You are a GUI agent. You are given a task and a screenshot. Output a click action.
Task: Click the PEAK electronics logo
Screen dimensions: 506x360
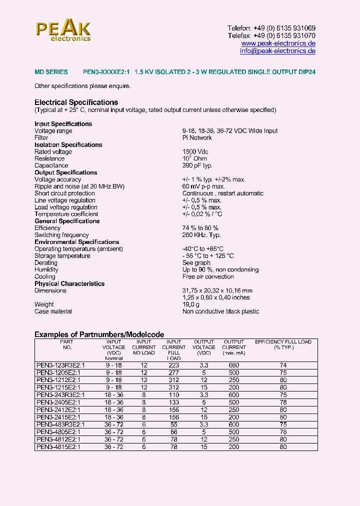coord(63,30)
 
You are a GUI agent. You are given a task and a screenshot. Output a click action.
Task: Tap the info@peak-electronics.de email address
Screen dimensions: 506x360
coord(277,51)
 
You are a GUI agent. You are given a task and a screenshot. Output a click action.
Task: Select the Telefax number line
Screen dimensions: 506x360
coord(271,36)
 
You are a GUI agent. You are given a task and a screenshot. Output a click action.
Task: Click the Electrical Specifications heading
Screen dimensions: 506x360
coord(76,102)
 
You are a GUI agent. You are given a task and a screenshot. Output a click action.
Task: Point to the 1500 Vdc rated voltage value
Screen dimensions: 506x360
coord(195,151)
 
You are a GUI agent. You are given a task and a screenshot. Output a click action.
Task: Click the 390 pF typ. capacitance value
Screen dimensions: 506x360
coord(197,165)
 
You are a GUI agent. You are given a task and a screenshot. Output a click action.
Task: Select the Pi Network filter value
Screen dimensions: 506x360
coord(197,137)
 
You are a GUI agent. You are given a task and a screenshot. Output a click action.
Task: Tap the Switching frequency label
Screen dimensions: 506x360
coord(61,235)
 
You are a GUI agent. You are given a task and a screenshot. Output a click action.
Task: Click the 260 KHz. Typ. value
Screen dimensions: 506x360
coord(201,235)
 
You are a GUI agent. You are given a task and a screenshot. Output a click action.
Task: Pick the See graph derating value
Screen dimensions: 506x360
coord(196,262)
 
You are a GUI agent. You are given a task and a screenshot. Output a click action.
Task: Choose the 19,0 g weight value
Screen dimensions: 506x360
coord(191,304)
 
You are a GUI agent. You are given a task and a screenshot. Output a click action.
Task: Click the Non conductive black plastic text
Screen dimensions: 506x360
coord(220,311)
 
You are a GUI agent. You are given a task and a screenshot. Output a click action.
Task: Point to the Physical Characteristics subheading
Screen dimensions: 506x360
coord(69,283)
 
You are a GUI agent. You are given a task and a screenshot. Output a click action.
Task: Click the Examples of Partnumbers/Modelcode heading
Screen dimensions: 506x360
coord(99,334)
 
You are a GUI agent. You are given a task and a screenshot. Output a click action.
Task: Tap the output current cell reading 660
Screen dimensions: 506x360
coord(233,365)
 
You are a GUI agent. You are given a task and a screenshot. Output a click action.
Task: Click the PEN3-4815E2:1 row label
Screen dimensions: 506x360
coord(58,447)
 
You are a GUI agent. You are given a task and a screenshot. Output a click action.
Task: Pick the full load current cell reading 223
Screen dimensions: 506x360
coord(173,365)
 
